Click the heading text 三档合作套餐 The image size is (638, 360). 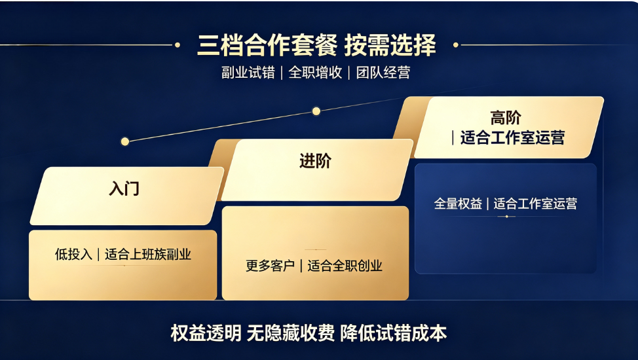(267, 45)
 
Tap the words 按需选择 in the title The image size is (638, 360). (390, 45)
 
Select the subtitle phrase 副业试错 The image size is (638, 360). (248, 73)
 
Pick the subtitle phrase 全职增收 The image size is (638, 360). (315, 73)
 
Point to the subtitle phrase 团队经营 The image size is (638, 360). (383, 73)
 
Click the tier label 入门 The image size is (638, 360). (124, 189)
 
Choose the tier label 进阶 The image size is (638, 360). (315, 160)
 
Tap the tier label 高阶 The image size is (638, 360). (506, 118)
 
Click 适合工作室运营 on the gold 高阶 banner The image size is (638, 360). (512, 137)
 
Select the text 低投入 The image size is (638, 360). (73, 255)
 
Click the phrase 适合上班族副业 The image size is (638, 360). (147, 255)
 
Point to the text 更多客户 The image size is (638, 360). (270, 266)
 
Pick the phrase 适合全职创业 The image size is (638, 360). (345, 266)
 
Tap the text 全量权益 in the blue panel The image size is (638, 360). (458, 204)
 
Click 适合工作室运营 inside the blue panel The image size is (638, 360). (535, 204)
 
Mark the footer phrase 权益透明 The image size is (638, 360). (206, 333)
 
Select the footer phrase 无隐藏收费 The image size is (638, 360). (291, 333)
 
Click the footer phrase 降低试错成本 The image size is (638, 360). (394, 333)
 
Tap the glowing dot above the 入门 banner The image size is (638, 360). (125, 141)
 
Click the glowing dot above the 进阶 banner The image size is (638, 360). (316, 111)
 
